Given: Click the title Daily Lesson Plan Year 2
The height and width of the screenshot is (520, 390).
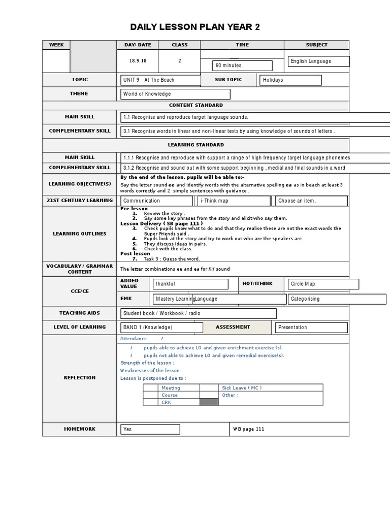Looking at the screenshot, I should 195,27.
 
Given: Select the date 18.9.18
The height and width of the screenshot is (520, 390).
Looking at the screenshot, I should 138,60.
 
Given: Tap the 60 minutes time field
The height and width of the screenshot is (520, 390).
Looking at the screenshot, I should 242,66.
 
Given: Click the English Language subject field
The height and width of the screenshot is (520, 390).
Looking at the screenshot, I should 318,61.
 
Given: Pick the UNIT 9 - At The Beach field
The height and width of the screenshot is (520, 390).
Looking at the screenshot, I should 160,80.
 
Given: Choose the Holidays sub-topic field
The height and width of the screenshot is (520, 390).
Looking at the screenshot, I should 290,80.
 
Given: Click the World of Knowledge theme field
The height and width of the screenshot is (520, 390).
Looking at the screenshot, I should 175,94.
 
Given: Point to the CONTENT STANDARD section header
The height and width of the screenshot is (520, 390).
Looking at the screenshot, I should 196,105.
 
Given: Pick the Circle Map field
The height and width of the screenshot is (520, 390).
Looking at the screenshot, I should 323,284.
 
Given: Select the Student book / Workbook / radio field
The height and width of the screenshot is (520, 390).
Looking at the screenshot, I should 198,313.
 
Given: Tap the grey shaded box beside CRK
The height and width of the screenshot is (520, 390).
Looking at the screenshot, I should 209,402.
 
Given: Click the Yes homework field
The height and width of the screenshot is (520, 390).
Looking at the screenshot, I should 150,429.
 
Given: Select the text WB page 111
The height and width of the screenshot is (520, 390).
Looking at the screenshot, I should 248,429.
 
